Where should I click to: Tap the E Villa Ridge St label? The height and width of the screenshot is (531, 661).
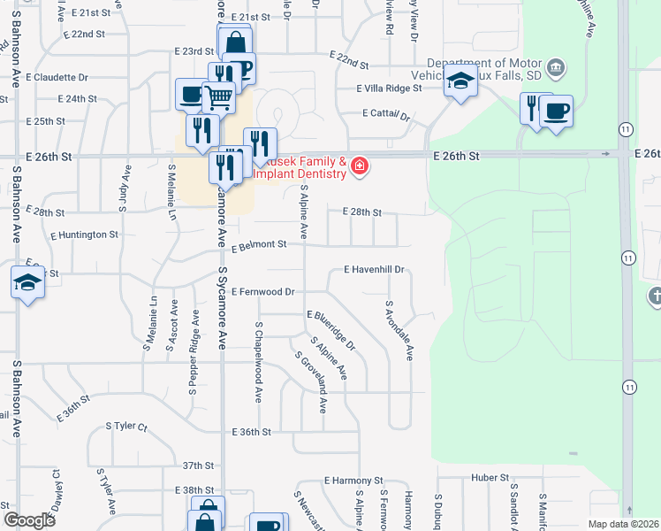[x=390, y=88]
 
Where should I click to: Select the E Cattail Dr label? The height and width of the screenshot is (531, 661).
[x=387, y=114]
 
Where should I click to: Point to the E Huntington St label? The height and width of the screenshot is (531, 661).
[x=84, y=235]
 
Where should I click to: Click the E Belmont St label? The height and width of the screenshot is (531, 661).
[x=260, y=245]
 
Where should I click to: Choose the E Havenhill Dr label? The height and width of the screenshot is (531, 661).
[x=373, y=269]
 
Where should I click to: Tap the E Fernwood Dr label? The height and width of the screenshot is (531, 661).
[x=262, y=291]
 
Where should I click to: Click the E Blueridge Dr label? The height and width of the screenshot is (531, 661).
[x=330, y=328]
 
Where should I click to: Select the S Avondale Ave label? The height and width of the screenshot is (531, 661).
[x=399, y=330]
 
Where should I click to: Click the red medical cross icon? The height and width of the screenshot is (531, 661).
[x=359, y=165]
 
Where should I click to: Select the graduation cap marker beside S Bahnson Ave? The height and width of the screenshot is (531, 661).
[x=27, y=282]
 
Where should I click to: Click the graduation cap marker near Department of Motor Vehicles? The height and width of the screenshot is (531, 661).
[x=460, y=81]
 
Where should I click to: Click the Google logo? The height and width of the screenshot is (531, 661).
[x=29, y=520]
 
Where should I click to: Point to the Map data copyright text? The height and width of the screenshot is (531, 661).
[x=622, y=524]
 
